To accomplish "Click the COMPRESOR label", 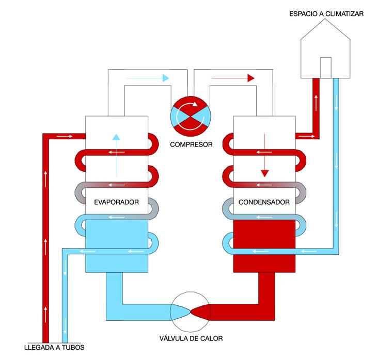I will click(x=191, y=144).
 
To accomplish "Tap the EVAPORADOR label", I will click(x=117, y=202).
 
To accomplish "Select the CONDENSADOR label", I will click(x=264, y=202).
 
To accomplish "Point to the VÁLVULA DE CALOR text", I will click(x=191, y=339).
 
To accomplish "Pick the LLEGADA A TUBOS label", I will click(x=54, y=347).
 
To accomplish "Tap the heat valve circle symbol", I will click(x=191, y=311).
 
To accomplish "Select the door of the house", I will click(x=325, y=67).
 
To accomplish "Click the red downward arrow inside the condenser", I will click(x=265, y=155).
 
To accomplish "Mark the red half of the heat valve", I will click(x=201, y=311).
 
